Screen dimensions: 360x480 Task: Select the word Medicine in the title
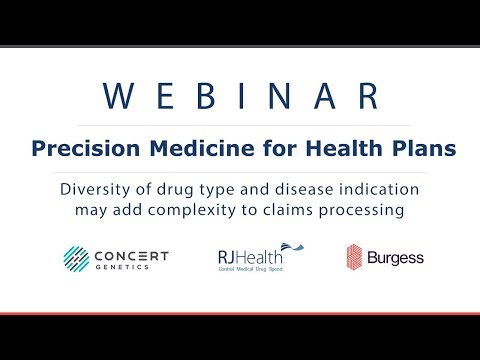tap(187, 148)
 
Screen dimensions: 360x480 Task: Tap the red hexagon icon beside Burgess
tap(354, 258)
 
